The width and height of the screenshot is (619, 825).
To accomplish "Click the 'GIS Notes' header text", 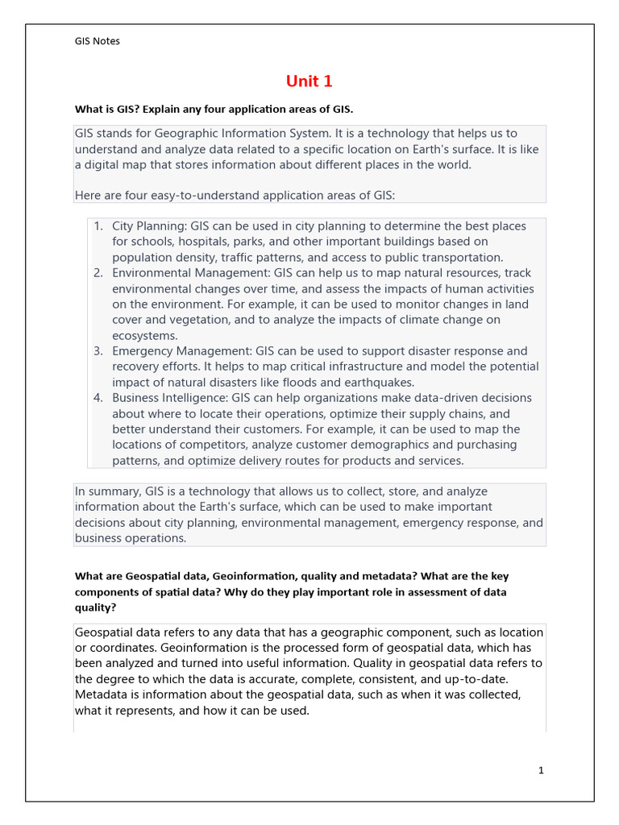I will [97, 41].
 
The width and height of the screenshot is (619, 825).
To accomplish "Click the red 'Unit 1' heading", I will [309, 81].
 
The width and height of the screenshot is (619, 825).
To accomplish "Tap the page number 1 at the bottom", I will [541, 770].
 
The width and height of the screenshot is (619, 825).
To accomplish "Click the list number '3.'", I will [98, 351].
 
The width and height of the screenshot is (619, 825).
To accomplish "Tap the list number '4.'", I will [98, 398].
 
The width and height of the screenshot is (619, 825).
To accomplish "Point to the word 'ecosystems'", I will [145, 336].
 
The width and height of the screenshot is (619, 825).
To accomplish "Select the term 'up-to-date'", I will [476, 679].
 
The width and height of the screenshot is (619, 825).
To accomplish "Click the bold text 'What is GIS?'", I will [108, 109].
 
